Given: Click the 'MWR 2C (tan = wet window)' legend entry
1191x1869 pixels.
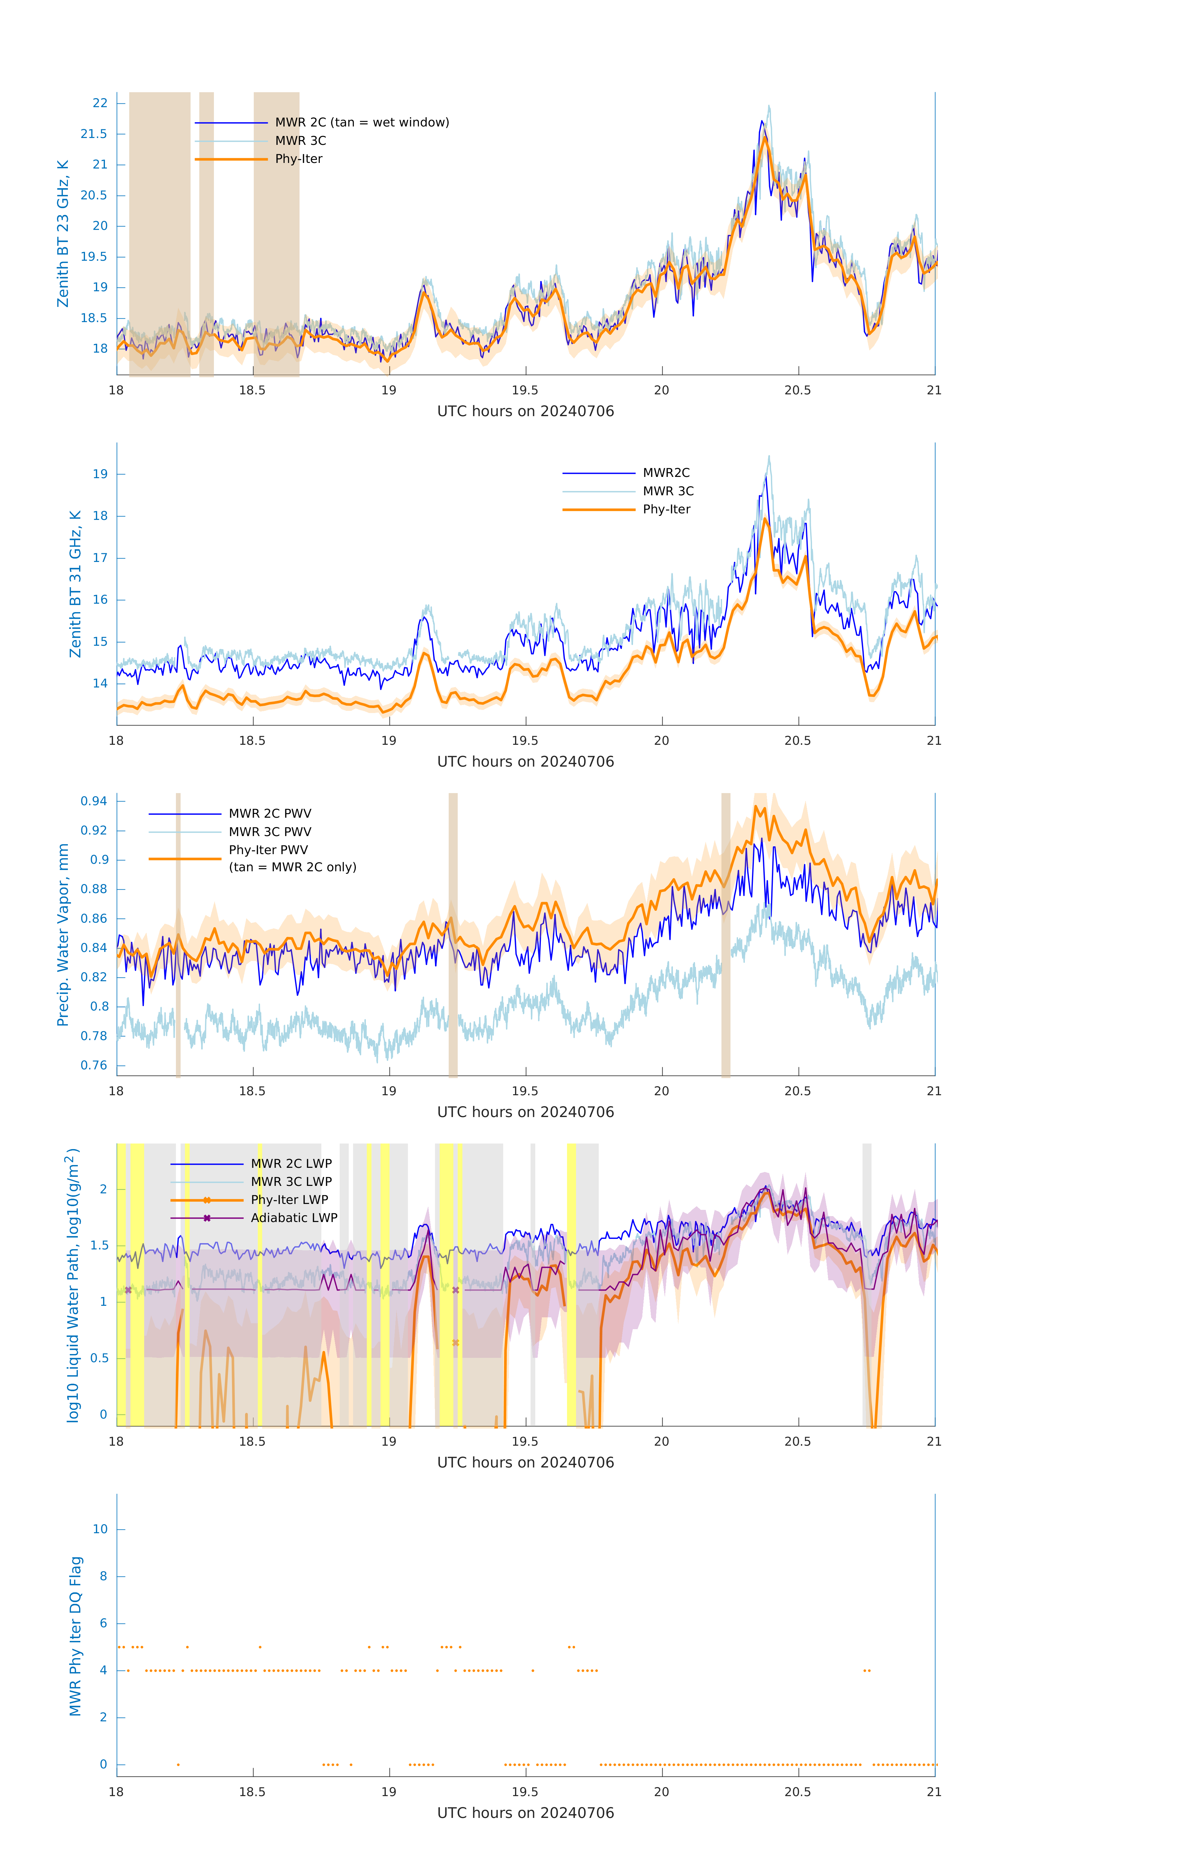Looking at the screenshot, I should (x=362, y=123).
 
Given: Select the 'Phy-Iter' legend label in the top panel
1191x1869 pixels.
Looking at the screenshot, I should (x=299, y=159).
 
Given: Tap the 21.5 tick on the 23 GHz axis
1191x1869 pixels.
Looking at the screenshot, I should (x=94, y=134).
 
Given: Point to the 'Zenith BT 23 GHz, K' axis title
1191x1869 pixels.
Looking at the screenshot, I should (x=63, y=234).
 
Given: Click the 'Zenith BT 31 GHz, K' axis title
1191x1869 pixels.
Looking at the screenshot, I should (x=75, y=584).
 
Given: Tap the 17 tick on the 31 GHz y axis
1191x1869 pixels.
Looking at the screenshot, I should (x=100, y=558).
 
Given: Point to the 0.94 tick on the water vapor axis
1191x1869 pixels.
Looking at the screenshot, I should (x=94, y=801).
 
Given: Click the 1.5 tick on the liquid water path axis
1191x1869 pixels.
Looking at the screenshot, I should (x=100, y=1246).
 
